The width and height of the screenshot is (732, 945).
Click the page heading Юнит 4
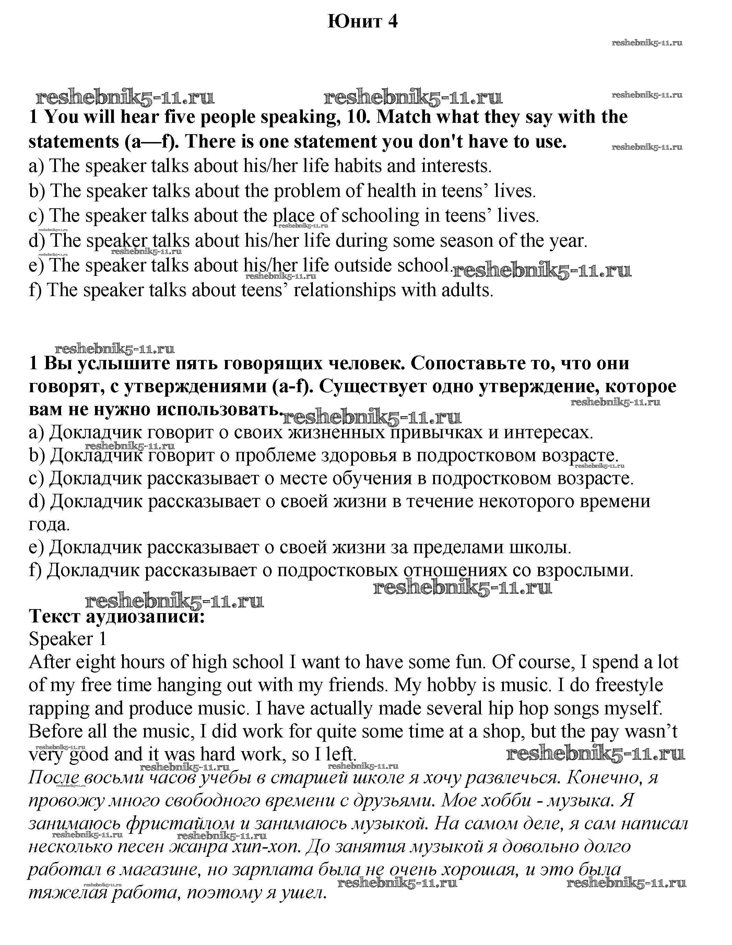(x=363, y=21)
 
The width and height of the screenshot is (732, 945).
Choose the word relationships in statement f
(x=344, y=290)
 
